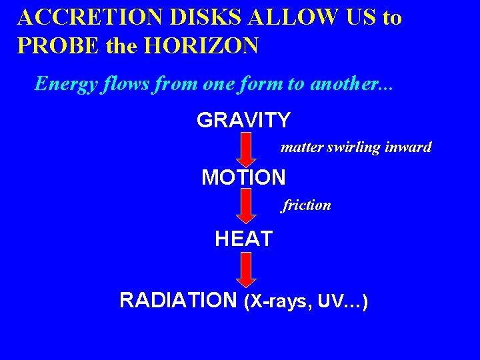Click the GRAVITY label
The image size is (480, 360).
click(x=243, y=121)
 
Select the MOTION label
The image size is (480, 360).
click(x=243, y=177)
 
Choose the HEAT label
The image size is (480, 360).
click(x=243, y=239)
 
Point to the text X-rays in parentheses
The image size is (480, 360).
click(x=281, y=302)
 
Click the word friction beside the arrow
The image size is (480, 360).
click(x=307, y=205)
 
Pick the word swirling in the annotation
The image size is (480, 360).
click(x=354, y=147)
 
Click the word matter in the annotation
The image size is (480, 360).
click(x=302, y=147)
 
